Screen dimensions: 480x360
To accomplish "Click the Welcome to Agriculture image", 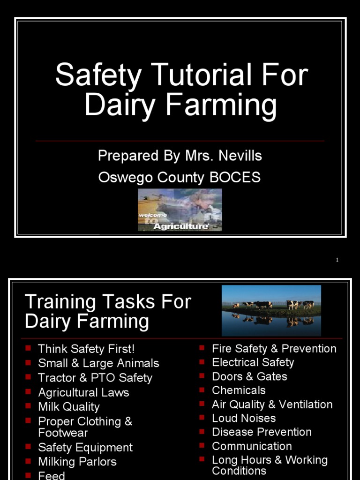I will (180, 210).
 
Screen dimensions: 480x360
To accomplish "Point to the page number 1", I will (337, 260).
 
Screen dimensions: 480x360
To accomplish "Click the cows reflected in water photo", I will (271, 310).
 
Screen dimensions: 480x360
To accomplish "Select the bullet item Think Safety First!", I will (86, 349).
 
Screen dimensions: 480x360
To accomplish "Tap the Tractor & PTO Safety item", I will (95, 378).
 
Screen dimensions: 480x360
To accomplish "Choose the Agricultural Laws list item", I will (83, 392).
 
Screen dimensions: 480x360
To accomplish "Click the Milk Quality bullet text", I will (69, 407).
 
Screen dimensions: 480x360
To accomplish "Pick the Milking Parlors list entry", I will (77, 462).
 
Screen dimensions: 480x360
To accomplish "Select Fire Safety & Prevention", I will (274, 349).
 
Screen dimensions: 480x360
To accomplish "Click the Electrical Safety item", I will (253, 362).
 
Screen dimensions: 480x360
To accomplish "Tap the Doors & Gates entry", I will (249, 376).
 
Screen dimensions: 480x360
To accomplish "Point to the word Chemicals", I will (239, 390).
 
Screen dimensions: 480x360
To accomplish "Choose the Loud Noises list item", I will (244, 418).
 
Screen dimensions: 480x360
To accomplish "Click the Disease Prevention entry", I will (262, 432).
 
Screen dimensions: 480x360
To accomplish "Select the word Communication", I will (252, 446).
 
